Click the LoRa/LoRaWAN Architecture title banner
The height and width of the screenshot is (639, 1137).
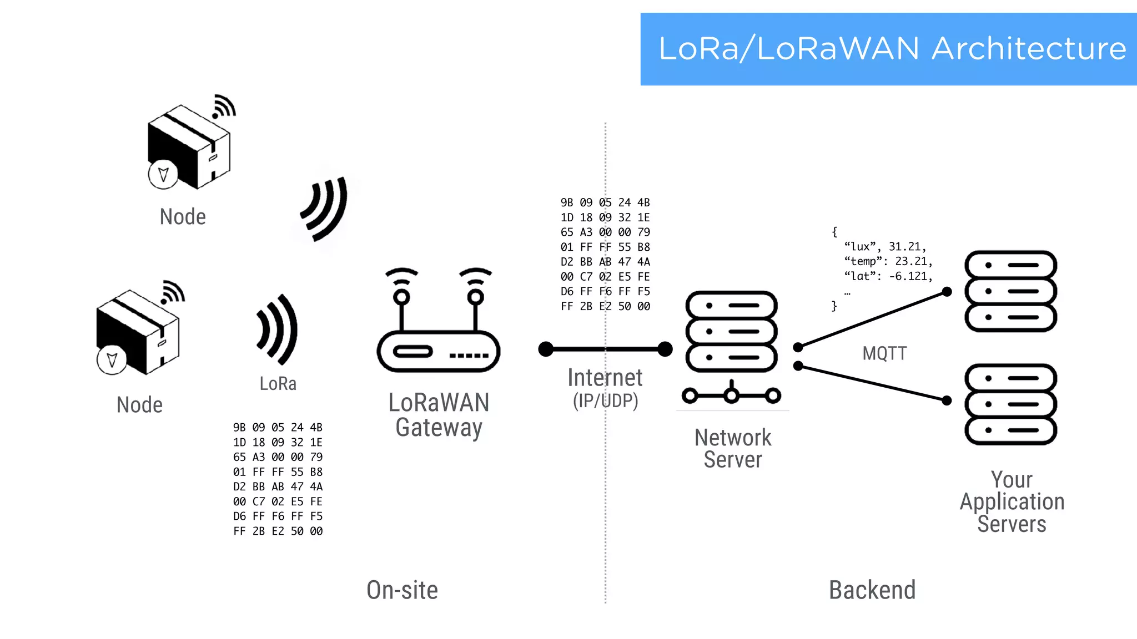coord(888,49)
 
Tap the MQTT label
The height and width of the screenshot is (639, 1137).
coord(884,353)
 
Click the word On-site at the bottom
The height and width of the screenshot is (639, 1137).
coord(402,590)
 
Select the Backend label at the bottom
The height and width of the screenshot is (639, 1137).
coord(872,590)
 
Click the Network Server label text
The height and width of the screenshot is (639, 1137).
coord(732,448)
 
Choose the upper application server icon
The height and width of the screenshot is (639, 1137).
coord(1010,291)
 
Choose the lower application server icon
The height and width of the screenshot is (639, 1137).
coord(1010,404)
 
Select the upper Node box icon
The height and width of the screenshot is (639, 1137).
coord(189,146)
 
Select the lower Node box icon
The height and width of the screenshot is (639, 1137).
coord(138,332)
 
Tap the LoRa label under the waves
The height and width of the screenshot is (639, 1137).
coord(278,383)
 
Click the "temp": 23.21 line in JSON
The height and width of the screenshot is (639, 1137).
coord(888,261)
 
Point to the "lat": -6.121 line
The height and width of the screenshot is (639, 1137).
coord(888,276)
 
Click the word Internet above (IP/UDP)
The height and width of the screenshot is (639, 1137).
coord(605,378)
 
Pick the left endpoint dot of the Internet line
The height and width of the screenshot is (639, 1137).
coord(546,349)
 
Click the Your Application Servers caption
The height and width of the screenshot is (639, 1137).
coord(1012,501)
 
